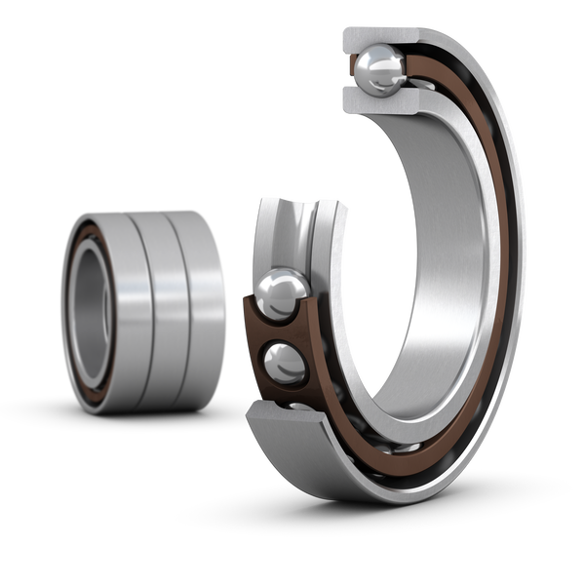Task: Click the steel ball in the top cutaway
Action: point(379,67)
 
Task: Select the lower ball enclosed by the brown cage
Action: point(286,364)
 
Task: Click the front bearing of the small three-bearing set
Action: point(97,312)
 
